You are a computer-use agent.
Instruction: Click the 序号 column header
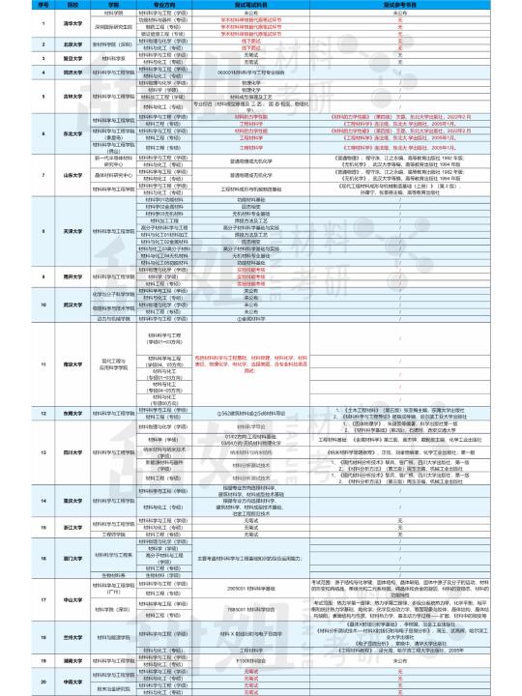(x=17, y=4)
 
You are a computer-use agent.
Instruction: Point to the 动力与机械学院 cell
(x=107, y=317)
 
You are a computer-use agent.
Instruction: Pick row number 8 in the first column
(x=17, y=231)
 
